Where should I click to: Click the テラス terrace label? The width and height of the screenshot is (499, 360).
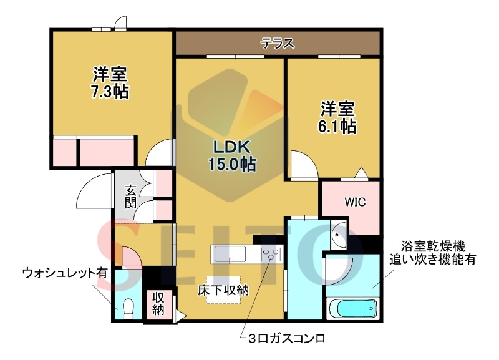(278, 44)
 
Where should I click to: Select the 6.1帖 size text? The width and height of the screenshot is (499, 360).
(339, 126)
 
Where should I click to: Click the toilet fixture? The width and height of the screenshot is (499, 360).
(129, 308)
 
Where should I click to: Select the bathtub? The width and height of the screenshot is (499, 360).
(352, 308)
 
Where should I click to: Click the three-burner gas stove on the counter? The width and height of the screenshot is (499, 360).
(271, 255)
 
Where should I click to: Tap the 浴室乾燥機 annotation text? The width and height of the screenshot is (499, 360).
(433, 245)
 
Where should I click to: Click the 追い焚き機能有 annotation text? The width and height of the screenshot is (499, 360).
(433, 259)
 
